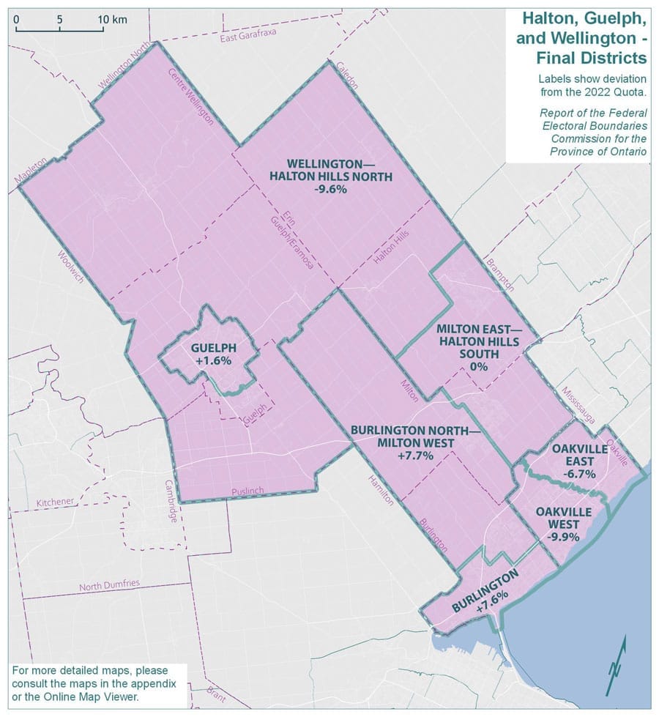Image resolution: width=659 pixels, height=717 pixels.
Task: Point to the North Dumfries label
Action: pyautogui.click(x=108, y=584)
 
